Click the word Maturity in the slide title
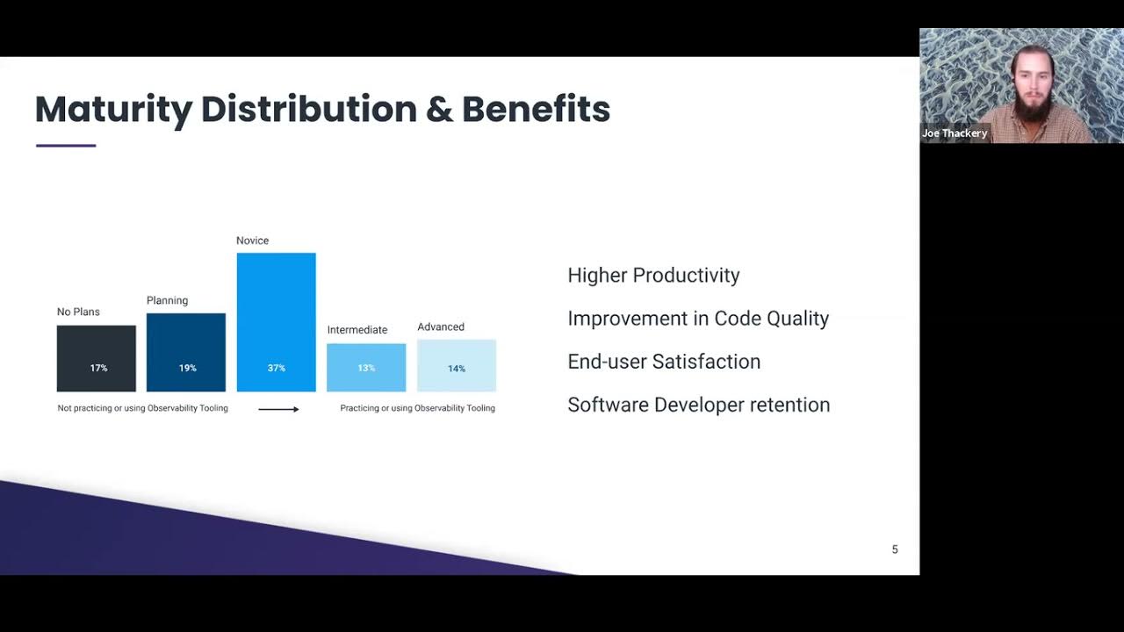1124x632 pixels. pyautogui.click(x=113, y=110)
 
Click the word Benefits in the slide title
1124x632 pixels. pyautogui.click(x=536, y=110)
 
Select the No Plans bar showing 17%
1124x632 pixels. pyautogui.click(x=97, y=358)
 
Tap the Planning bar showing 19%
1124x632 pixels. pyautogui.click(x=186, y=352)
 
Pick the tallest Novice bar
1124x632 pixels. pyautogui.click(x=276, y=321)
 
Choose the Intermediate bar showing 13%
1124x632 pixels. pyautogui.click(x=366, y=367)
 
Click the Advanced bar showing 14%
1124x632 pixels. pyautogui.click(x=457, y=365)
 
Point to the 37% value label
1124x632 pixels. pyautogui.click(x=277, y=368)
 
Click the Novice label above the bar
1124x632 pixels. pyautogui.click(x=252, y=241)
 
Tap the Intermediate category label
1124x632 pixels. pyautogui.click(x=357, y=330)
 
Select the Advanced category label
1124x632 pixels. pyautogui.click(x=441, y=327)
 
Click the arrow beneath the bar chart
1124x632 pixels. pyautogui.click(x=278, y=409)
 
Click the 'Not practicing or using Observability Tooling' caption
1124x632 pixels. pyautogui.click(x=142, y=408)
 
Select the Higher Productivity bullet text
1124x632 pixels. pyautogui.click(x=653, y=275)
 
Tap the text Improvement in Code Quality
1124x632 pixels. pyautogui.click(x=698, y=318)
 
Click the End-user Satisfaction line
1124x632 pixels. pyautogui.click(x=664, y=361)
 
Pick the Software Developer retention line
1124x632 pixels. pyautogui.click(x=698, y=405)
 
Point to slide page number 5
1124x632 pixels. pyautogui.click(x=895, y=549)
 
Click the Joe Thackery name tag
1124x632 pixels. pyautogui.click(x=955, y=133)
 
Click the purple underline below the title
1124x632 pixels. pyautogui.click(x=66, y=146)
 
